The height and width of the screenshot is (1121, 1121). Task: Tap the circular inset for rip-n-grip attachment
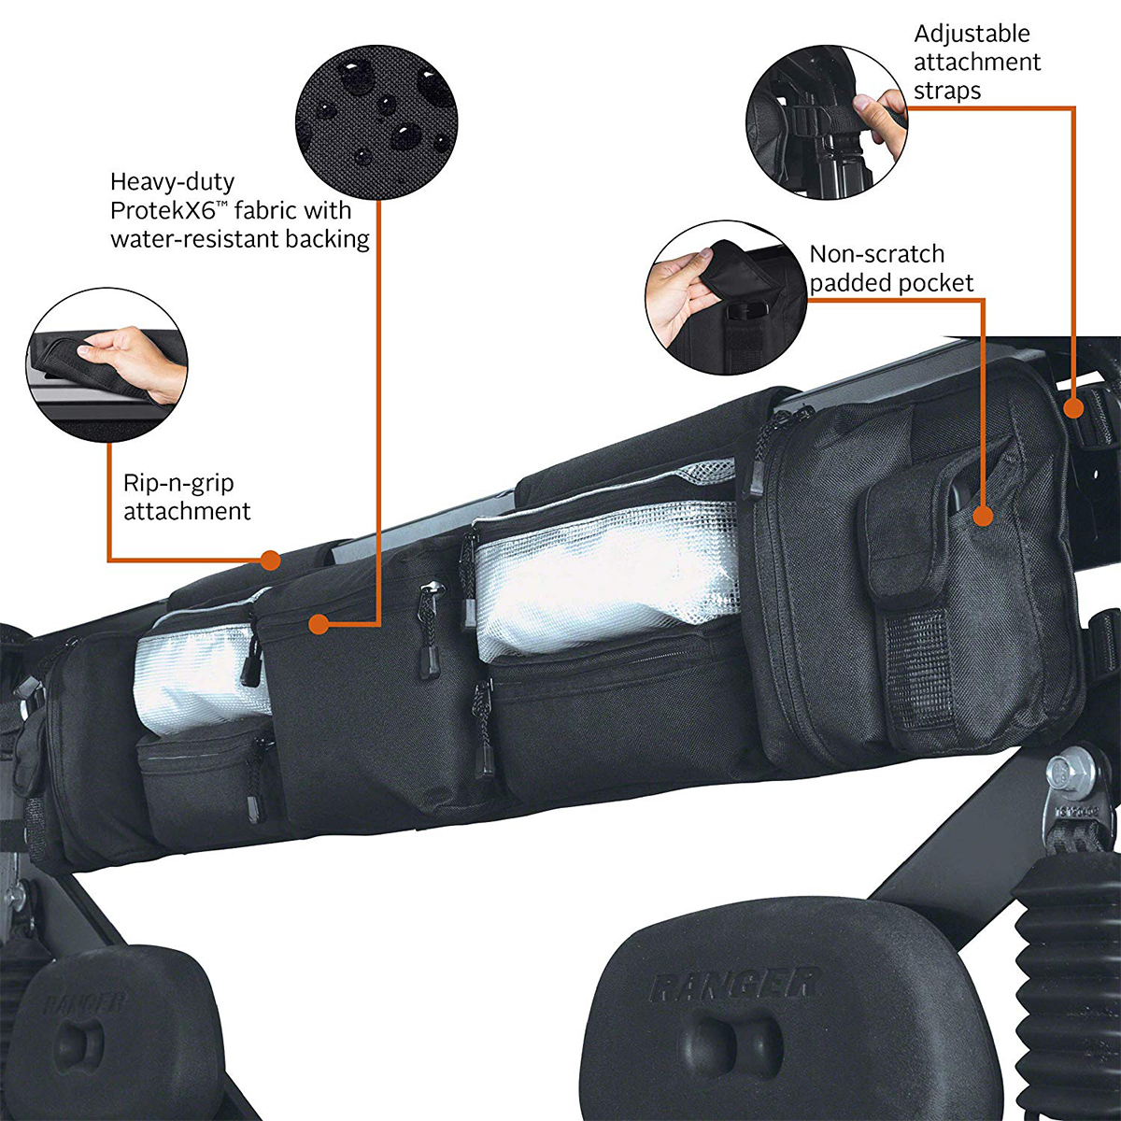click(106, 365)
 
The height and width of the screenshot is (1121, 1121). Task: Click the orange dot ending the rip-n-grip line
click(270, 560)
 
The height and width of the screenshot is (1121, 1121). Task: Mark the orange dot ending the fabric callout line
click(319, 623)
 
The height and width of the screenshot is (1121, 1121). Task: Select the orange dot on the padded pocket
click(982, 516)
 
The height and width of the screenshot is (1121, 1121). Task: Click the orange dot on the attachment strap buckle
click(1074, 407)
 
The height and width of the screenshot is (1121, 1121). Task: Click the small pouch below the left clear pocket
click(196, 776)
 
